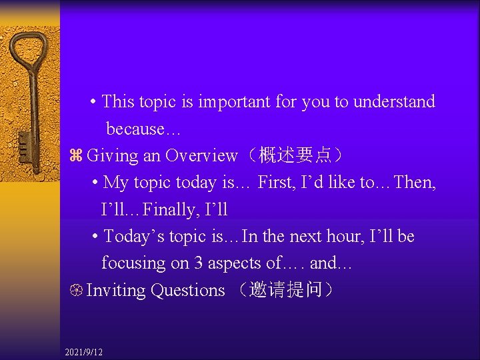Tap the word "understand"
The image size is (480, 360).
coord(394,102)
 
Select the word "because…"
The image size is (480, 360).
coord(135,129)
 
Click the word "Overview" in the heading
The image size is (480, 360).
coord(201,156)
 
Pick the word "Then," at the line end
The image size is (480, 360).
coord(416,183)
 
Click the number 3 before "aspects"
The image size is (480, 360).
coord(199,263)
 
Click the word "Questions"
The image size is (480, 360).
coord(188,291)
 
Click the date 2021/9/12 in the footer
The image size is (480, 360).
coord(84,351)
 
